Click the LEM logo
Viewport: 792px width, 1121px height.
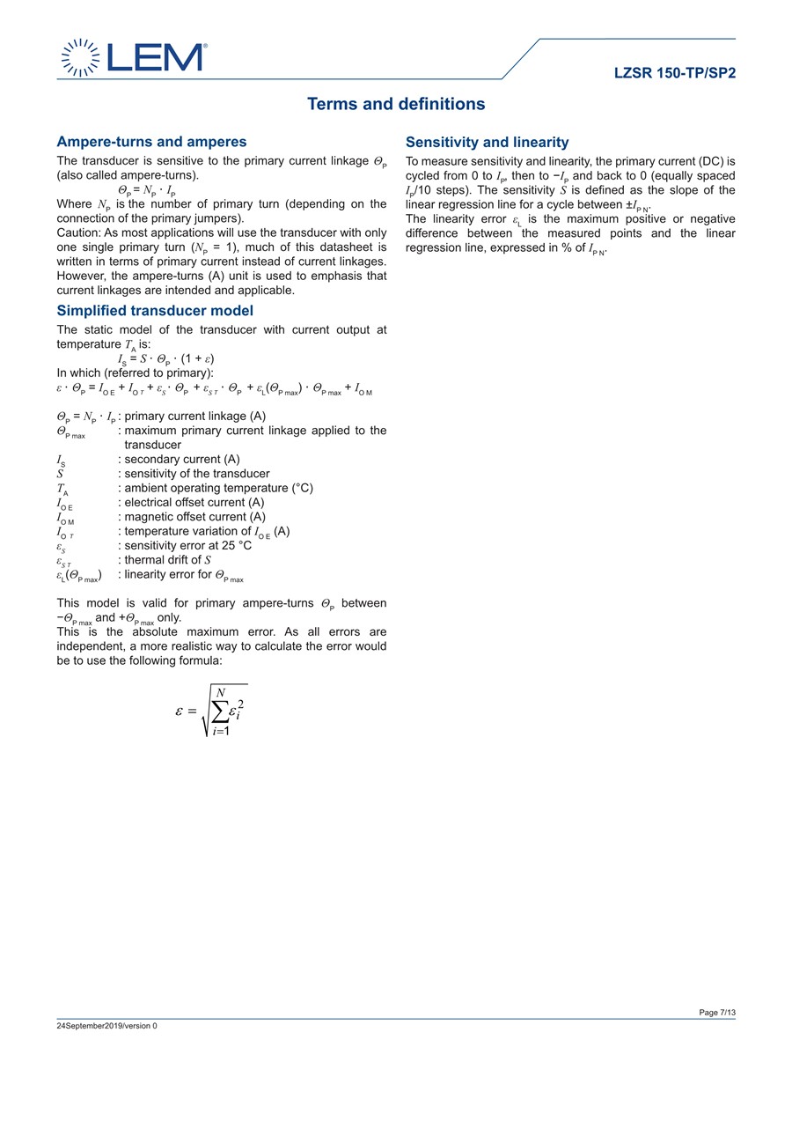[133, 57]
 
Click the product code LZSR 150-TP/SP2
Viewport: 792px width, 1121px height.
[675, 73]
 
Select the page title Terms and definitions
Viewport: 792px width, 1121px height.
[396, 104]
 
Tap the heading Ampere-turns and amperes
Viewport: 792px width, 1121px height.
[151, 142]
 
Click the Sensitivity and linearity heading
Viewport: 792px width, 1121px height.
[487, 143]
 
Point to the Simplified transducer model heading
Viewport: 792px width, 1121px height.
[155, 311]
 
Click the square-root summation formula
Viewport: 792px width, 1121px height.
[211, 711]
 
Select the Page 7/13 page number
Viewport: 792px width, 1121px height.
[717, 1013]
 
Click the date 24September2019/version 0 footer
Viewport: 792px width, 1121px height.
[106, 1026]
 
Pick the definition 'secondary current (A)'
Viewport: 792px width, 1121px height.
[182, 460]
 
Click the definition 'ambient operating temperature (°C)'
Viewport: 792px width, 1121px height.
[218, 489]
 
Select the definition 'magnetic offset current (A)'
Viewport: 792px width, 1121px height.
[194, 517]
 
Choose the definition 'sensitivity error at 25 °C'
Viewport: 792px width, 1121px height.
[188, 546]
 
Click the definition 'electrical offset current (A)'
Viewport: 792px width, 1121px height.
[194, 503]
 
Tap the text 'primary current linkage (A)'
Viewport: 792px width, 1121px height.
[195, 417]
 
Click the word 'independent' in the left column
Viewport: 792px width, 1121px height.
[93, 646]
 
